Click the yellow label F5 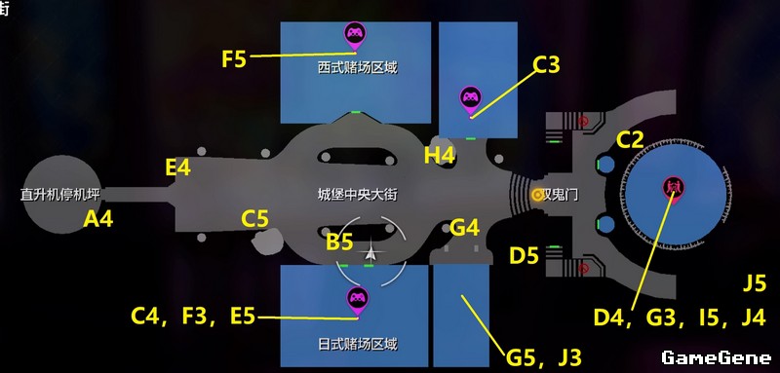[234, 59]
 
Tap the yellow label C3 [546, 65]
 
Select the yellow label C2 [630, 140]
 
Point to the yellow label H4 [440, 156]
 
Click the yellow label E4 [178, 168]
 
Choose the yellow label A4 [98, 218]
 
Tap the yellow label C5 [254, 219]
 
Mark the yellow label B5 [339, 242]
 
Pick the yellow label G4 [464, 228]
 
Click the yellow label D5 [524, 256]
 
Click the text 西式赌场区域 [358, 67]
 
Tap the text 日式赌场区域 [358, 344]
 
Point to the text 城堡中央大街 [358, 194]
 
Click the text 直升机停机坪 [60, 194]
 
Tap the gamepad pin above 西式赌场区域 [355, 36]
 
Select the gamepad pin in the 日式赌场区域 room [357, 301]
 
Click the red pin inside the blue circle [673, 189]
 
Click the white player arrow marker [371, 253]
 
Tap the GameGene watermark [717, 357]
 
